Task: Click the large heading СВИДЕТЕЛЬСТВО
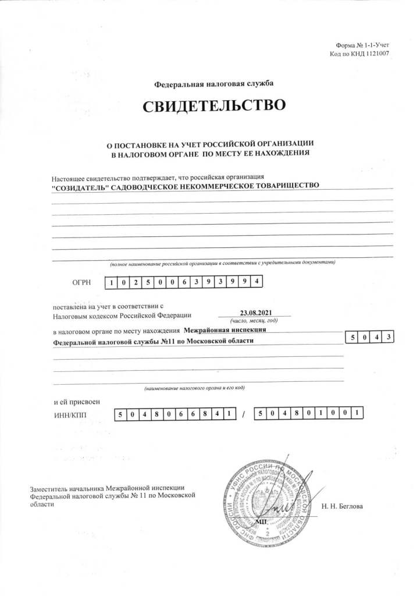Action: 213,107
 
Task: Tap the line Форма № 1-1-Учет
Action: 362,45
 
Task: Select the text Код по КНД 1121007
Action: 359,54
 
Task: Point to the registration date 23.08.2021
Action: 255,313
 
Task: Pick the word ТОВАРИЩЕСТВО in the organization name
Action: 286,185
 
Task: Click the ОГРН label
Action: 82,283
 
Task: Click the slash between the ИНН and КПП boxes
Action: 244,414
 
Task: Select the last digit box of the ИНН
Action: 230,414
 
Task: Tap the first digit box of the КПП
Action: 259,414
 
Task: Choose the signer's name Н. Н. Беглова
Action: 341,506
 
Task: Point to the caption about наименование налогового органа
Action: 197,386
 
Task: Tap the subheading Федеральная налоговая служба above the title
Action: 213,84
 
